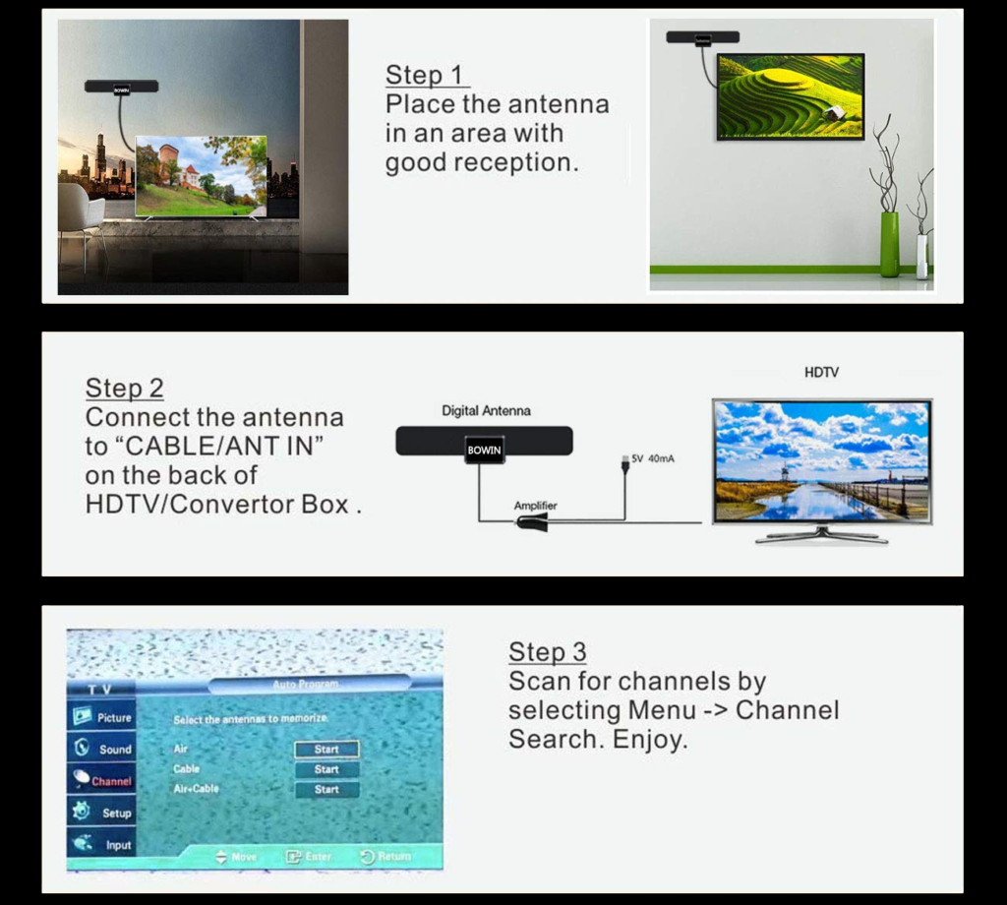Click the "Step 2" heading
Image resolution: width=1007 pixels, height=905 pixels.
[124, 388]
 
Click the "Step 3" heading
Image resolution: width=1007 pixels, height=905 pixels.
[547, 651]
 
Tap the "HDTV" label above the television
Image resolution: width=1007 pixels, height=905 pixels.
[821, 373]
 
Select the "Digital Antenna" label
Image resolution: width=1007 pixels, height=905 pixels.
[486, 410]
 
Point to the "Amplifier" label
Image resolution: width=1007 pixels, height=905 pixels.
[535, 506]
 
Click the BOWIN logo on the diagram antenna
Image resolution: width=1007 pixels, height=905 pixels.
[484, 451]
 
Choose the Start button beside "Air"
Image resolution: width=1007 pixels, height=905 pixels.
[326, 750]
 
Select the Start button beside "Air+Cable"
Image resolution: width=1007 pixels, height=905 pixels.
[326, 790]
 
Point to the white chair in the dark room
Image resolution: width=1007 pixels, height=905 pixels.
[79, 211]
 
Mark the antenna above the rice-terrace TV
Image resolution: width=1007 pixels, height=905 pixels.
[702, 37]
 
